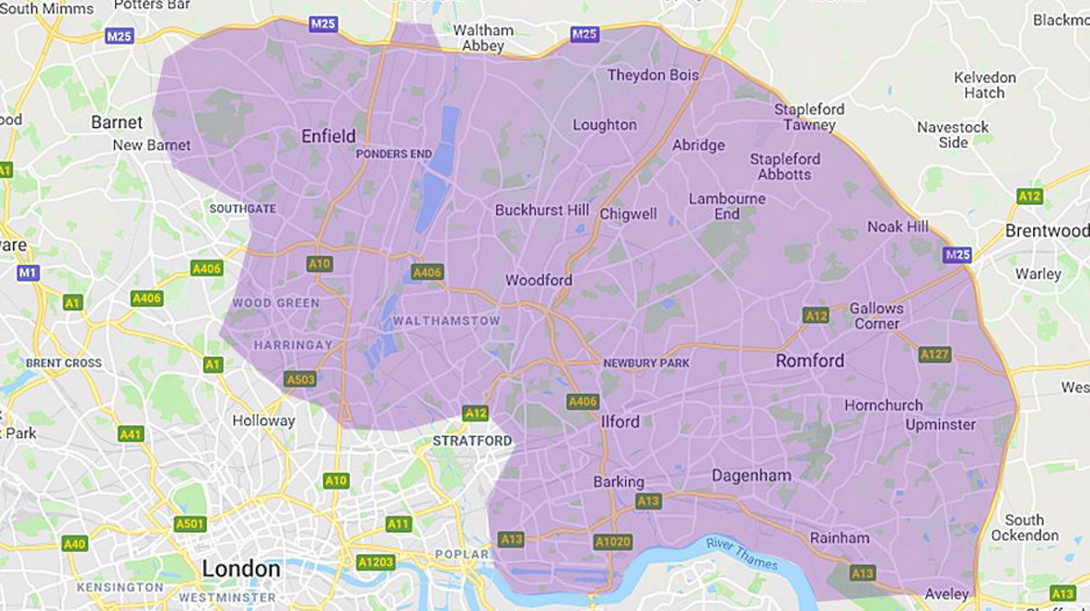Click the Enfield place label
[x=328, y=137]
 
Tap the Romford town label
[x=809, y=361]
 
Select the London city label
[x=240, y=569]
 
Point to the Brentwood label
[x=1047, y=231]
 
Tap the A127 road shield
[x=933, y=353]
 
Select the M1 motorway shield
[x=29, y=272]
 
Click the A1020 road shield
[x=612, y=542]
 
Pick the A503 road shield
[x=300, y=378]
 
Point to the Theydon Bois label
[x=653, y=75]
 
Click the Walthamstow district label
[x=446, y=321]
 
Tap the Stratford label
[x=472, y=441]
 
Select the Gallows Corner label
[x=875, y=316]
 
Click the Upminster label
[x=940, y=424]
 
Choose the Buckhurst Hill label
[x=541, y=210]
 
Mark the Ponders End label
[x=394, y=154]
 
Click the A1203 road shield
[x=375, y=561]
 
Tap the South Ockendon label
[x=1024, y=527]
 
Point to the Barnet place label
[x=117, y=122]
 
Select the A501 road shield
[x=190, y=524]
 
